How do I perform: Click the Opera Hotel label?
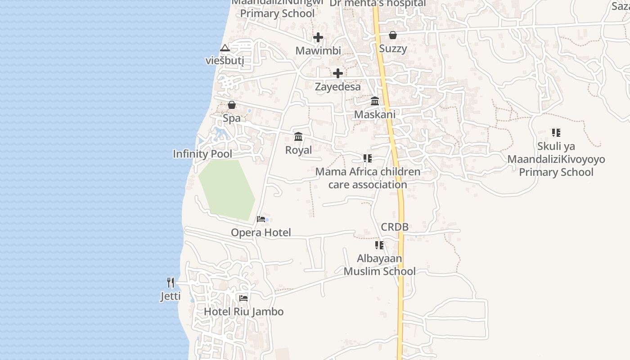pos(261,233)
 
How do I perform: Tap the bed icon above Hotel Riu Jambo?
pos(243,298)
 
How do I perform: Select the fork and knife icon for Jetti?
pos(171,283)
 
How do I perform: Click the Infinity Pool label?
pos(202,154)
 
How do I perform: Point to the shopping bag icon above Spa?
pos(232,105)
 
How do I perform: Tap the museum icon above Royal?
pos(298,136)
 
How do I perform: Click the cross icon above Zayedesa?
pos(338,73)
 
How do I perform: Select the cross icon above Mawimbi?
pos(318,37)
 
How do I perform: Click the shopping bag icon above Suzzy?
pos(393,35)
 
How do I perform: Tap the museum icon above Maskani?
pos(375,101)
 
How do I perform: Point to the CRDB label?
pos(395,227)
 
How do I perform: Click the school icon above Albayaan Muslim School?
pos(379,245)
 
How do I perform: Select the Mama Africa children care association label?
pos(368,178)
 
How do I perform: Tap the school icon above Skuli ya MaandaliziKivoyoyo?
pos(556,133)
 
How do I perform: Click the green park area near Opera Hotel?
pos(227,189)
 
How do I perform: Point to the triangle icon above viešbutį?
pos(225,48)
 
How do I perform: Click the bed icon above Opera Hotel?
pos(261,219)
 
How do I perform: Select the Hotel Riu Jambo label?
pos(243,311)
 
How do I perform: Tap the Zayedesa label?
pos(338,87)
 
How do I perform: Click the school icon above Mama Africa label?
pos(368,158)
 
